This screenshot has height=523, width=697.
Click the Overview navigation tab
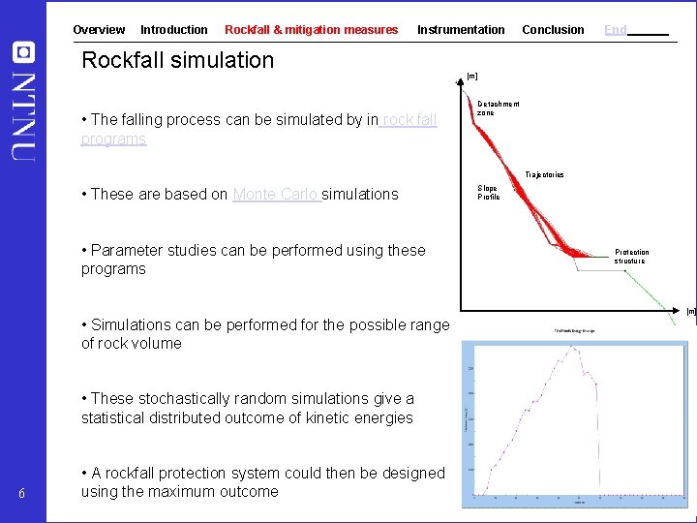[99, 30]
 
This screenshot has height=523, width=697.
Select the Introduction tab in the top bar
[174, 30]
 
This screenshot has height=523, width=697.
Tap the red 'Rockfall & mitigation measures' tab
[311, 30]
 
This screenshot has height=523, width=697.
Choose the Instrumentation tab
[461, 30]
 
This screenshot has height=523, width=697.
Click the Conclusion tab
[553, 30]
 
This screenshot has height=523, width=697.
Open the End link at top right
[616, 30]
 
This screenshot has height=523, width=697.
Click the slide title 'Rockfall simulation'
[178, 60]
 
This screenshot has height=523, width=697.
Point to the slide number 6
[22, 496]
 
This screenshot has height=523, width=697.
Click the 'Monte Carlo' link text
[276, 194]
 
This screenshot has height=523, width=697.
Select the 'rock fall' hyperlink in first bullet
[409, 120]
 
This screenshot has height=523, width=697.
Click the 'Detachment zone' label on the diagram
[498, 108]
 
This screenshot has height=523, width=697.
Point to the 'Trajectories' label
[544, 174]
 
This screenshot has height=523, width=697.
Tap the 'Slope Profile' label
[488, 193]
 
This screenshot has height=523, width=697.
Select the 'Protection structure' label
[631, 257]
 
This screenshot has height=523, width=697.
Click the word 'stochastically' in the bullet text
[183, 398]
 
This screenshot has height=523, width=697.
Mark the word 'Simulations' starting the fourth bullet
[132, 324]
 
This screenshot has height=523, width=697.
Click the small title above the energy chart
[575, 330]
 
